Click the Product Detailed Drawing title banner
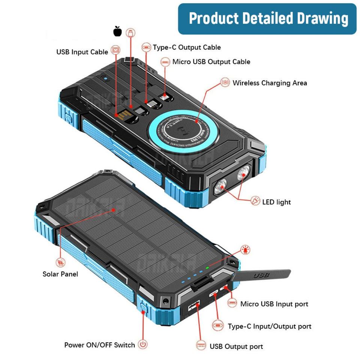(267, 19)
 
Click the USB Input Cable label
(82, 52)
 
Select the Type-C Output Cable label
(187, 47)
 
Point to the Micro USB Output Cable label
(211, 61)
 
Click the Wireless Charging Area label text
(270, 83)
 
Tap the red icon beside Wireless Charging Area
(225, 82)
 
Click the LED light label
(276, 202)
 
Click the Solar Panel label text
(60, 274)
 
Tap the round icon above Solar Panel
(60, 262)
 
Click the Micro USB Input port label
(274, 304)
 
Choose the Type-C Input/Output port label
(269, 326)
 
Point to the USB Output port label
(236, 346)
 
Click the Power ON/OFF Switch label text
(99, 345)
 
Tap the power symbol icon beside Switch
(142, 344)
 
